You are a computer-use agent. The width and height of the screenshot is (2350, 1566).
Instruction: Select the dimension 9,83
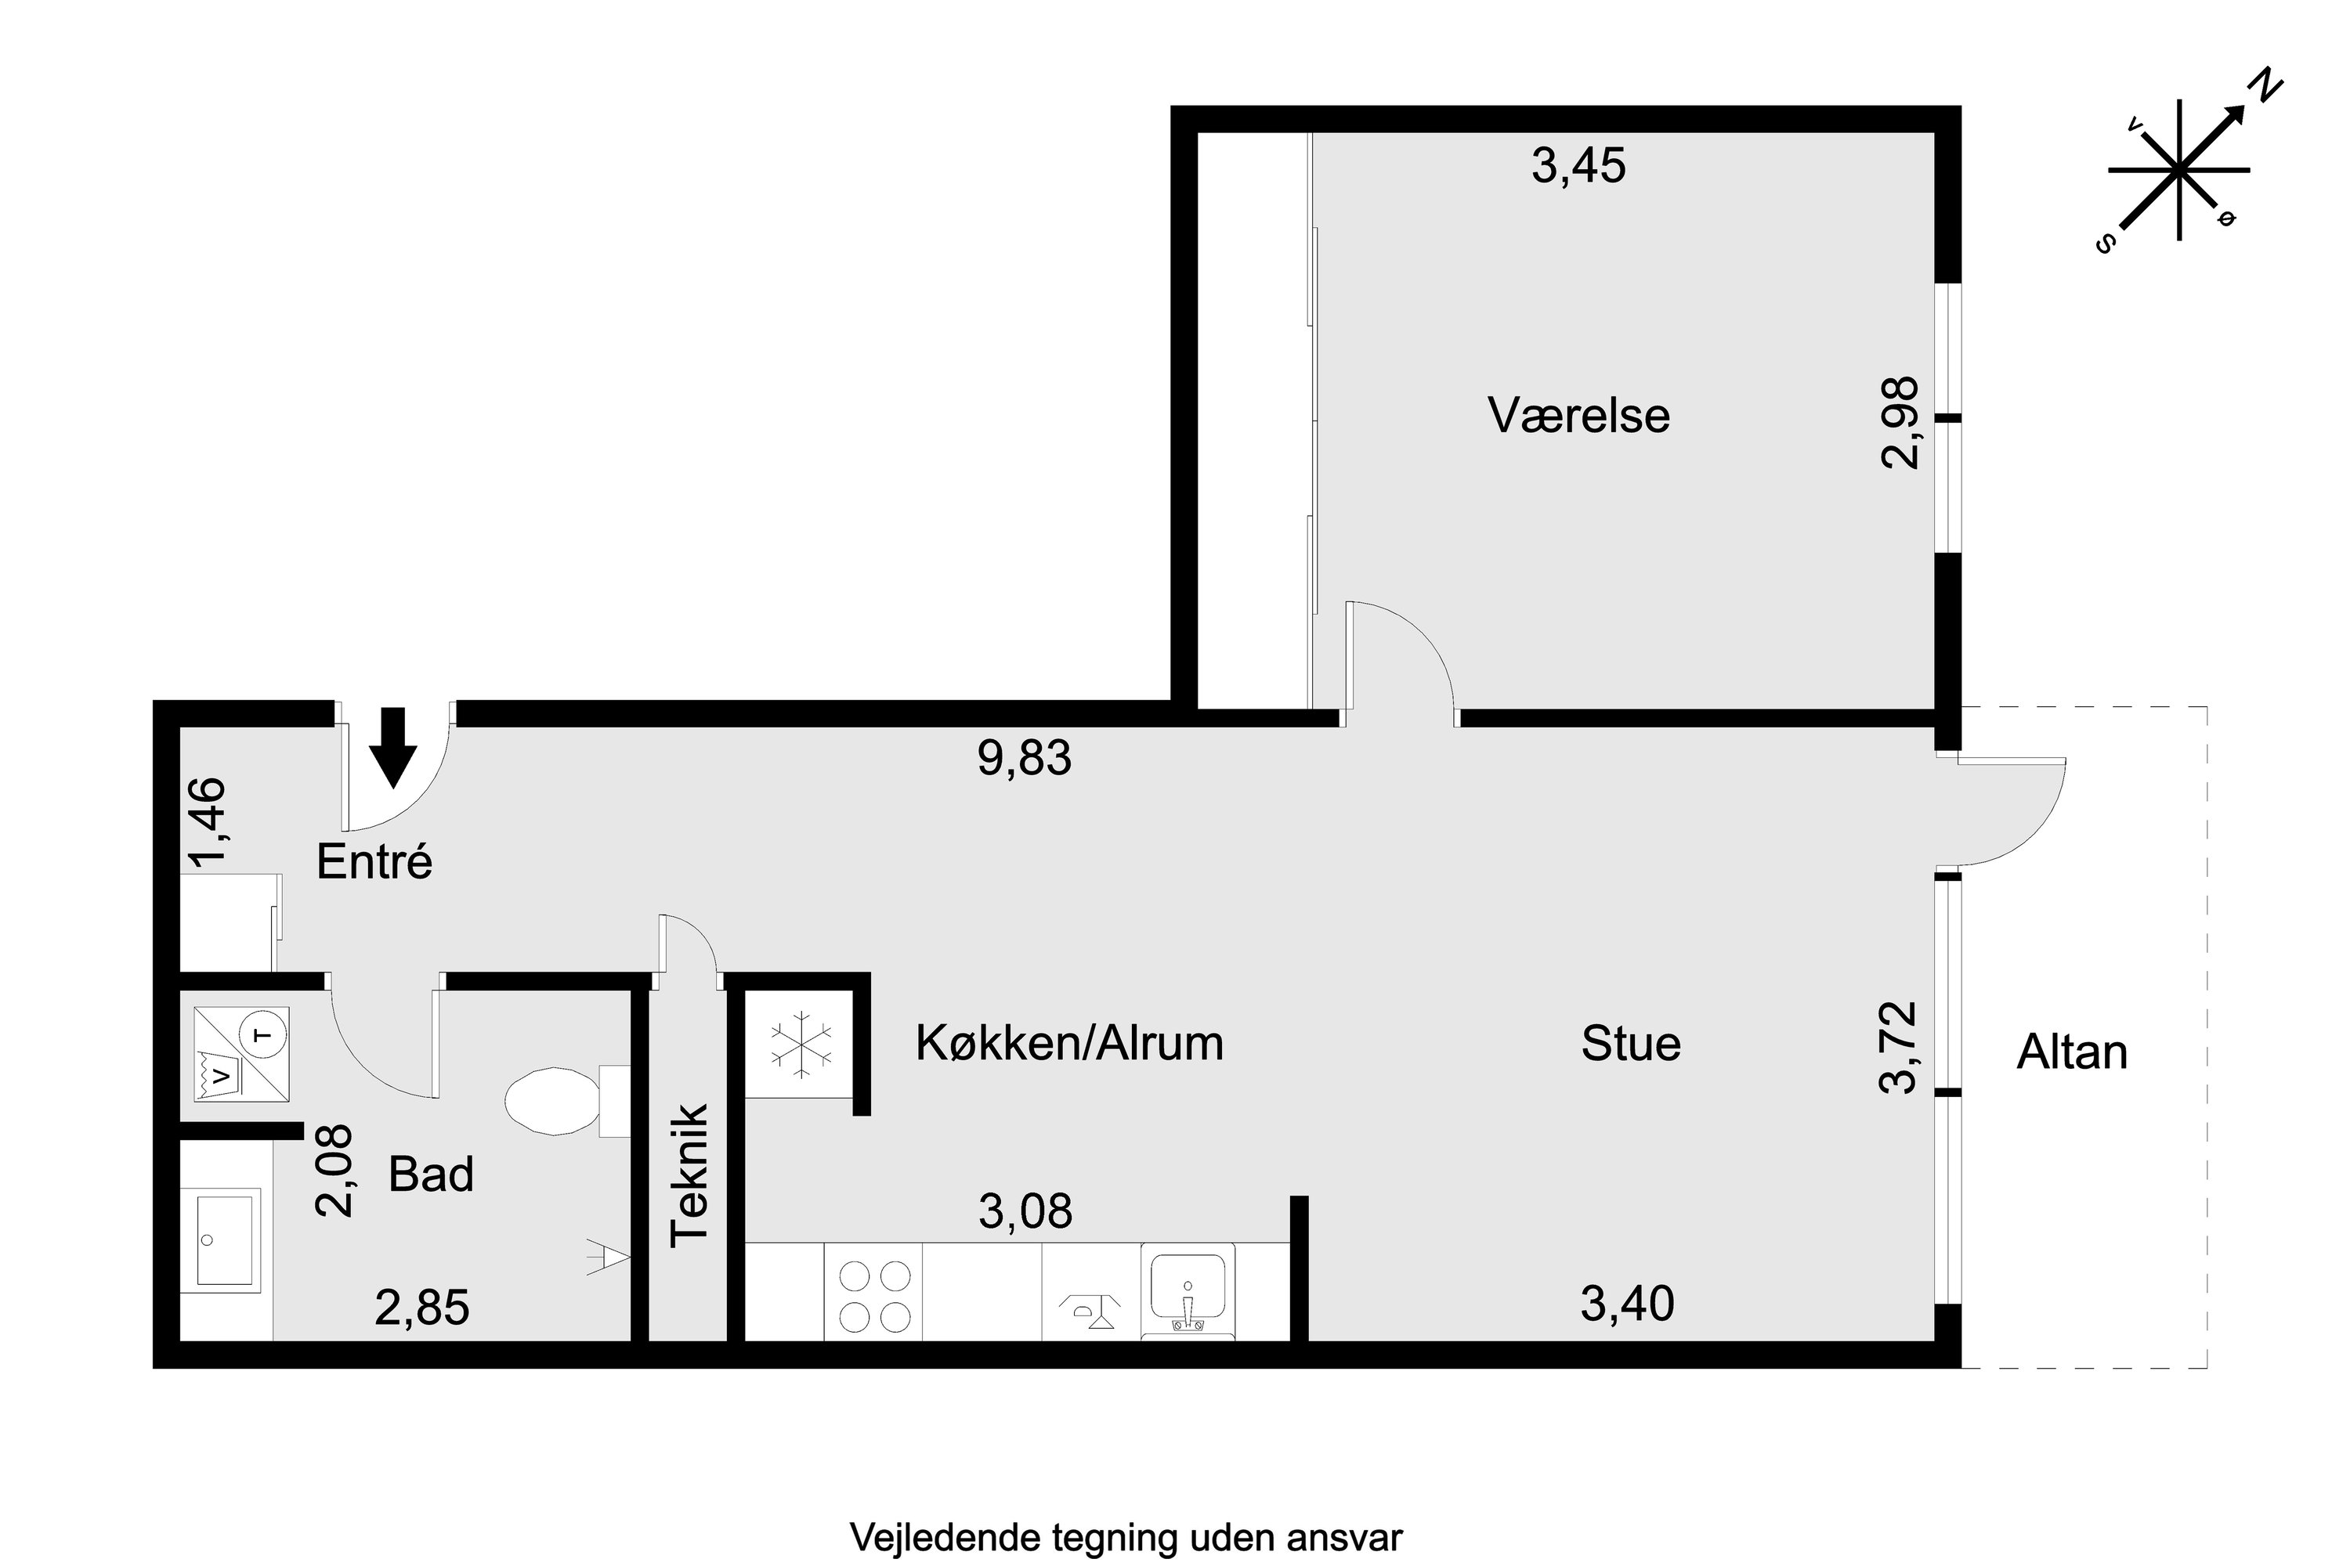click(x=1024, y=758)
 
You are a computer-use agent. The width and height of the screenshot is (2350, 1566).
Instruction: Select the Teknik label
click(x=689, y=1174)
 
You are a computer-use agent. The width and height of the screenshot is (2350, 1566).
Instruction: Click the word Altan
click(x=2071, y=1052)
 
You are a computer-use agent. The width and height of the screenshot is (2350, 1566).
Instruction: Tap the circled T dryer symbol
click(x=265, y=1034)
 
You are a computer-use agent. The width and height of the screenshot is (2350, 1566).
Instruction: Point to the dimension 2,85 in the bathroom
click(x=421, y=1308)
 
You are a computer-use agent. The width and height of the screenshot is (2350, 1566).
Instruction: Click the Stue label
click(x=1631, y=1044)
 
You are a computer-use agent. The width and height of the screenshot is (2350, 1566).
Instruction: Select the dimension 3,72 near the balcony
click(x=1898, y=1048)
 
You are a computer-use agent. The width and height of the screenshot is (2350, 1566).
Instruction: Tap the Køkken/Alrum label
click(x=1069, y=1044)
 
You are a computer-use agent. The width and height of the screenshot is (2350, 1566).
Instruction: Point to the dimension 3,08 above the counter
click(x=1025, y=1212)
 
